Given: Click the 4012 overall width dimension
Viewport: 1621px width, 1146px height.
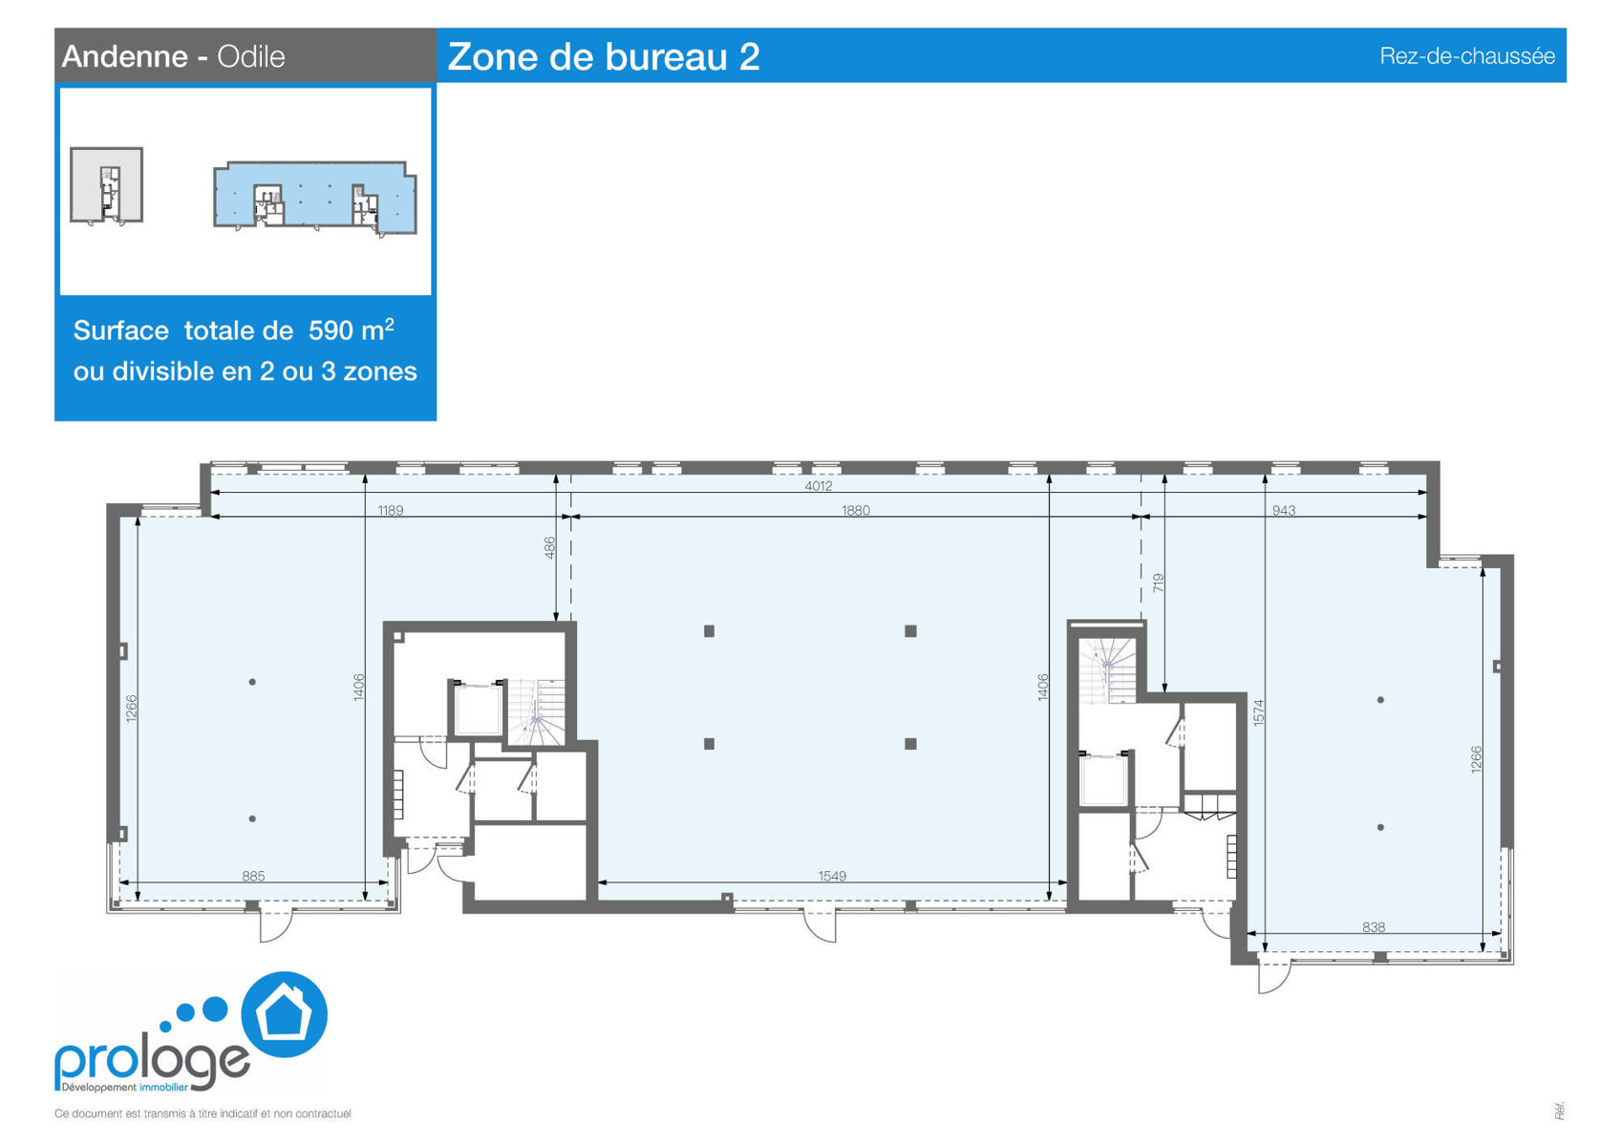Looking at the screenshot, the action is tap(819, 486).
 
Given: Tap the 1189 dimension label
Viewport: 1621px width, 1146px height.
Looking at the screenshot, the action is tap(390, 511).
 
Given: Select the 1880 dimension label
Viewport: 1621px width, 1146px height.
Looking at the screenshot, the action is tap(855, 511).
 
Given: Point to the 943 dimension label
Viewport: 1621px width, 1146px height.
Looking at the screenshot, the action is tap(1283, 511).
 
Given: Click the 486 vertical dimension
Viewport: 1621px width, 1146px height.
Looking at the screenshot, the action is tap(549, 547).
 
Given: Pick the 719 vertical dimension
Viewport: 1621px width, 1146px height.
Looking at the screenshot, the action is tap(1158, 584).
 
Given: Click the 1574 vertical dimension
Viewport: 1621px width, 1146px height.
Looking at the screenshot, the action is tap(1258, 712).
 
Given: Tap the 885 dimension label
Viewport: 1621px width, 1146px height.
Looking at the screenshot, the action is tap(253, 876).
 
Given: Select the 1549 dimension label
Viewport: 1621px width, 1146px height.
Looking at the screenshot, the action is tap(832, 876).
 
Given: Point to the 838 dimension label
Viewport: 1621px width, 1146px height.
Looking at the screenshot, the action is tap(1373, 926).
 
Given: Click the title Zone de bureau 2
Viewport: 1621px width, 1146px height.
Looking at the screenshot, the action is tap(604, 56).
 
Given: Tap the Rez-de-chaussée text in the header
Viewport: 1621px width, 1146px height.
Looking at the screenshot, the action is tap(1467, 56).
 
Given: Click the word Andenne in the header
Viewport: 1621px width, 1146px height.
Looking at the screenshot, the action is tap(125, 56).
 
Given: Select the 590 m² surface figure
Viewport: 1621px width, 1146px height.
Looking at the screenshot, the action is tap(351, 329).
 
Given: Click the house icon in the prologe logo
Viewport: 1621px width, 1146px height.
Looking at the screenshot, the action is tap(285, 1014).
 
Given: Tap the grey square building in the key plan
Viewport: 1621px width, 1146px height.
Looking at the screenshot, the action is tap(106, 185).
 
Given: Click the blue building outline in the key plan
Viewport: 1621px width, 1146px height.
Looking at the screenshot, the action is tap(315, 196).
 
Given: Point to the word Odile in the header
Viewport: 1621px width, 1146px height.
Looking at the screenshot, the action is tap(251, 56).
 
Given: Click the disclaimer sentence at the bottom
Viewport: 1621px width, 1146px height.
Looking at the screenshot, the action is tap(203, 1114).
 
